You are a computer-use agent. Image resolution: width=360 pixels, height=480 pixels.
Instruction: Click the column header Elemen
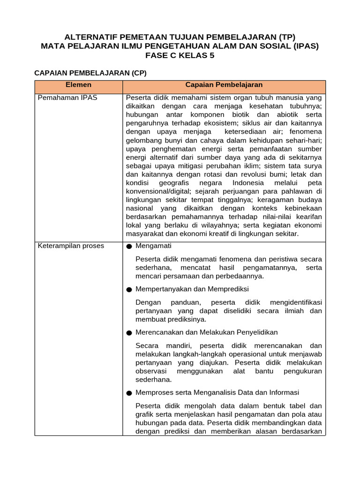pyautogui.click(x=78, y=85)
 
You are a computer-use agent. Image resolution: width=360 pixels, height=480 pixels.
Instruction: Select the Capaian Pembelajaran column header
pyautogui.click(x=224, y=85)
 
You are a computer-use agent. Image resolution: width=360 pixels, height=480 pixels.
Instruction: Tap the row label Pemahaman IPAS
pyautogui.click(x=67, y=98)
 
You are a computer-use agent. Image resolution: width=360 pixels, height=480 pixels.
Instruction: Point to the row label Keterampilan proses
pyautogui.click(x=71, y=246)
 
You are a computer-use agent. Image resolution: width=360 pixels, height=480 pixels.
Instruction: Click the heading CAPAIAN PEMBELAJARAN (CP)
pyautogui.click(x=91, y=73)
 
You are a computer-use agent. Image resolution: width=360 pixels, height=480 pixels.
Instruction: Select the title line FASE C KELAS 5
pyautogui.click(x=180, y=55)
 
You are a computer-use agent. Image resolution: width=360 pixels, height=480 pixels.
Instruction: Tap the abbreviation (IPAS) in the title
pyautogui.click(x=303, y=46)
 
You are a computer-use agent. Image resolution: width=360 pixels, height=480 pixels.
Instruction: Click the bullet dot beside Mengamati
pyautogui.click(x=129, y=246)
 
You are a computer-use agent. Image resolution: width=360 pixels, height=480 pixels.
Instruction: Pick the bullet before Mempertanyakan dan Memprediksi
pyautogui.click(x=129, y=289)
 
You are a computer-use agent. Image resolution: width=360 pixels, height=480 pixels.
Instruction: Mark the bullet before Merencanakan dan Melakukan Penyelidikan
pyautogui.click(x=129, y=332)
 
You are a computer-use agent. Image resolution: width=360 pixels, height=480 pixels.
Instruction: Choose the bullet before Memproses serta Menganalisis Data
pyautogui.click(x=129, y=393)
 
